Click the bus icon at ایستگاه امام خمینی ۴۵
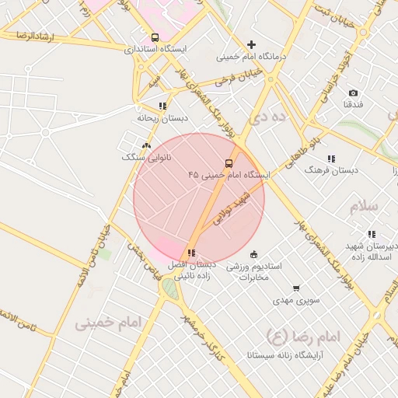coord(229,163)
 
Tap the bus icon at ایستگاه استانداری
coord(155,37)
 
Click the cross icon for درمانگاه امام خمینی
coord(251,45)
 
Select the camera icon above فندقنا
coord(353,93)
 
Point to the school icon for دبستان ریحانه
coord(162,106)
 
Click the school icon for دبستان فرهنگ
coord(332,159)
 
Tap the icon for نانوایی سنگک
coord(146,145)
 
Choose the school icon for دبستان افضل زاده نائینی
coord(191,253)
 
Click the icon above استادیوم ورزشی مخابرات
coord(253,254)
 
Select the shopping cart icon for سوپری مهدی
coord(296,288)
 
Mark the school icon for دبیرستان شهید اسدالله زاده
coord(372,234)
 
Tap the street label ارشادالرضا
coord(32,36)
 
